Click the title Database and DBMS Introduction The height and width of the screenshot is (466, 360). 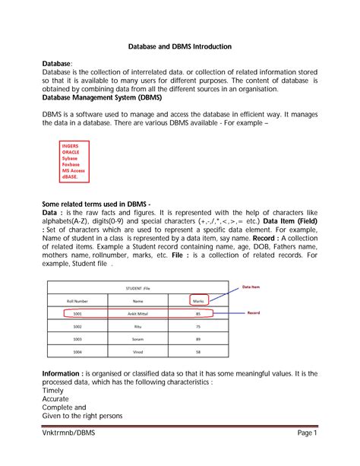(x=180, y=46)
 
